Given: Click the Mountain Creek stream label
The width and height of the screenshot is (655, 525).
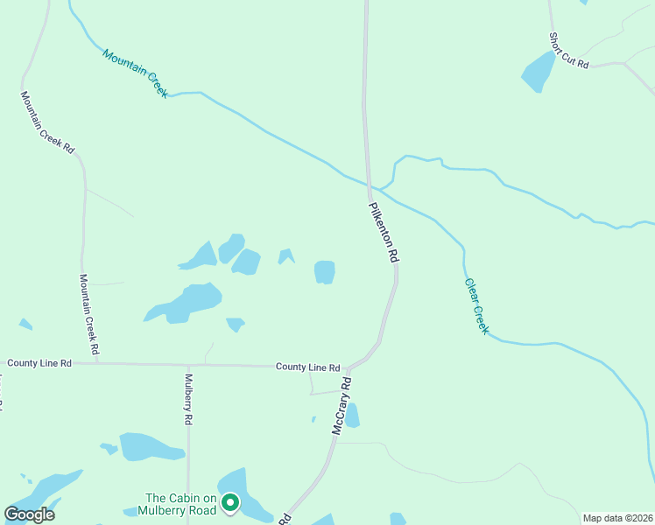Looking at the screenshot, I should [134, 73].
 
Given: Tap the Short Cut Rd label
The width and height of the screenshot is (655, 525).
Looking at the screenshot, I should [568, 52].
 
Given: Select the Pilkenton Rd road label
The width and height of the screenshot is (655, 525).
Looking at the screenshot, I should [384, 233].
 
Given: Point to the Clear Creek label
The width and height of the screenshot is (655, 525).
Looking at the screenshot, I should [476, 306].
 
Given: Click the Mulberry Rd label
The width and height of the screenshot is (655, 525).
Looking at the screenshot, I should [188, 399].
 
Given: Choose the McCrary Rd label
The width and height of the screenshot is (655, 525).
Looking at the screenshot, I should [342, 406].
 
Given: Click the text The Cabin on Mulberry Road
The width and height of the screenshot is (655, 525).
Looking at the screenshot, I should [181, 504].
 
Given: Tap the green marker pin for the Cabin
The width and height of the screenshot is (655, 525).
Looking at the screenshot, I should [230, 503].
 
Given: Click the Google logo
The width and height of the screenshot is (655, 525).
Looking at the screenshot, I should [30, 514].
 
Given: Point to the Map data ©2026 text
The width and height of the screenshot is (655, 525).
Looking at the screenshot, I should [616, 518].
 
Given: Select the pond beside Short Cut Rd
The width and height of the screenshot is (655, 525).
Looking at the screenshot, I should [539, 71].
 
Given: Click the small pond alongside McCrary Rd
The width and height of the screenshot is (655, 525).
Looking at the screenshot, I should [352, 416].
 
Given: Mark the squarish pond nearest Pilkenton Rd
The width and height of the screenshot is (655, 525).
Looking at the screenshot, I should [325, 272].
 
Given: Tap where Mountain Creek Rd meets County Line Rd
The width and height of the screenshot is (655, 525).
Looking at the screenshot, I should [96, 362].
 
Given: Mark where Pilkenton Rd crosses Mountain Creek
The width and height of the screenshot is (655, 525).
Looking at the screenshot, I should [370, 185].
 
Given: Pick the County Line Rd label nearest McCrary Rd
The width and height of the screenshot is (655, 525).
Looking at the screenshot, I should [307, 367].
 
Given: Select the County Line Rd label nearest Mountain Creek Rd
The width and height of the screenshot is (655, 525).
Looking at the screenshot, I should [39, 362].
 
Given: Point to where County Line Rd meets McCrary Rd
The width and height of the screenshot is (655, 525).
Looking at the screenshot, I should [349, 367].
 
